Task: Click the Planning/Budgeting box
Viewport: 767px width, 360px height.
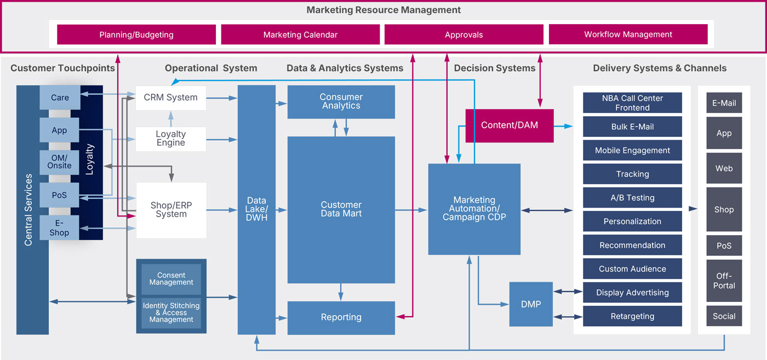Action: [136, 35]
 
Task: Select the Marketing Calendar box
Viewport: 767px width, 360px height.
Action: [300, 35]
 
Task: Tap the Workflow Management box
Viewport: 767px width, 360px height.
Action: [628, 35]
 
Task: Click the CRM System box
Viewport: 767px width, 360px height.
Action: [171, 98]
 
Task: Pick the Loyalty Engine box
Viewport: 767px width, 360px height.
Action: [171, 139]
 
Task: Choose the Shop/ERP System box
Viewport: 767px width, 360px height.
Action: [171, 210]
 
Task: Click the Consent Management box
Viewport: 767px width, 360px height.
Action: [171, 279]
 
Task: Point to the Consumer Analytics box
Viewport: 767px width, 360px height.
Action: [341, 101]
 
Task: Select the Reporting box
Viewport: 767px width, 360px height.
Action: [341, 317]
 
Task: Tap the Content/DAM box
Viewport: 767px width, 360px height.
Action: [509, 125]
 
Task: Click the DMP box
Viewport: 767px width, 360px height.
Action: [530, 304]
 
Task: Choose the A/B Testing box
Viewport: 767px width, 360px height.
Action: [632, 198]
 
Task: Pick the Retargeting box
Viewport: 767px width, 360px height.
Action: [632, 316]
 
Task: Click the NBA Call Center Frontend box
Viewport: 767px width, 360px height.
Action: [632, 102]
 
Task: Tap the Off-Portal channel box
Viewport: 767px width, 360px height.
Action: [724, 281]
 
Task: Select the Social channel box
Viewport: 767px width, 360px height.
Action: [724, 316]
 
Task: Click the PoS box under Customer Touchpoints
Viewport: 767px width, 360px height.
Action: [59, 195]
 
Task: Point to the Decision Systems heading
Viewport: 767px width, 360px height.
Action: [494, 68]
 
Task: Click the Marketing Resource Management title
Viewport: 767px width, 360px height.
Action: [383, 10]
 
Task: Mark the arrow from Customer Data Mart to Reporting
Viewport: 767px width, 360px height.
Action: [341, 292]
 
